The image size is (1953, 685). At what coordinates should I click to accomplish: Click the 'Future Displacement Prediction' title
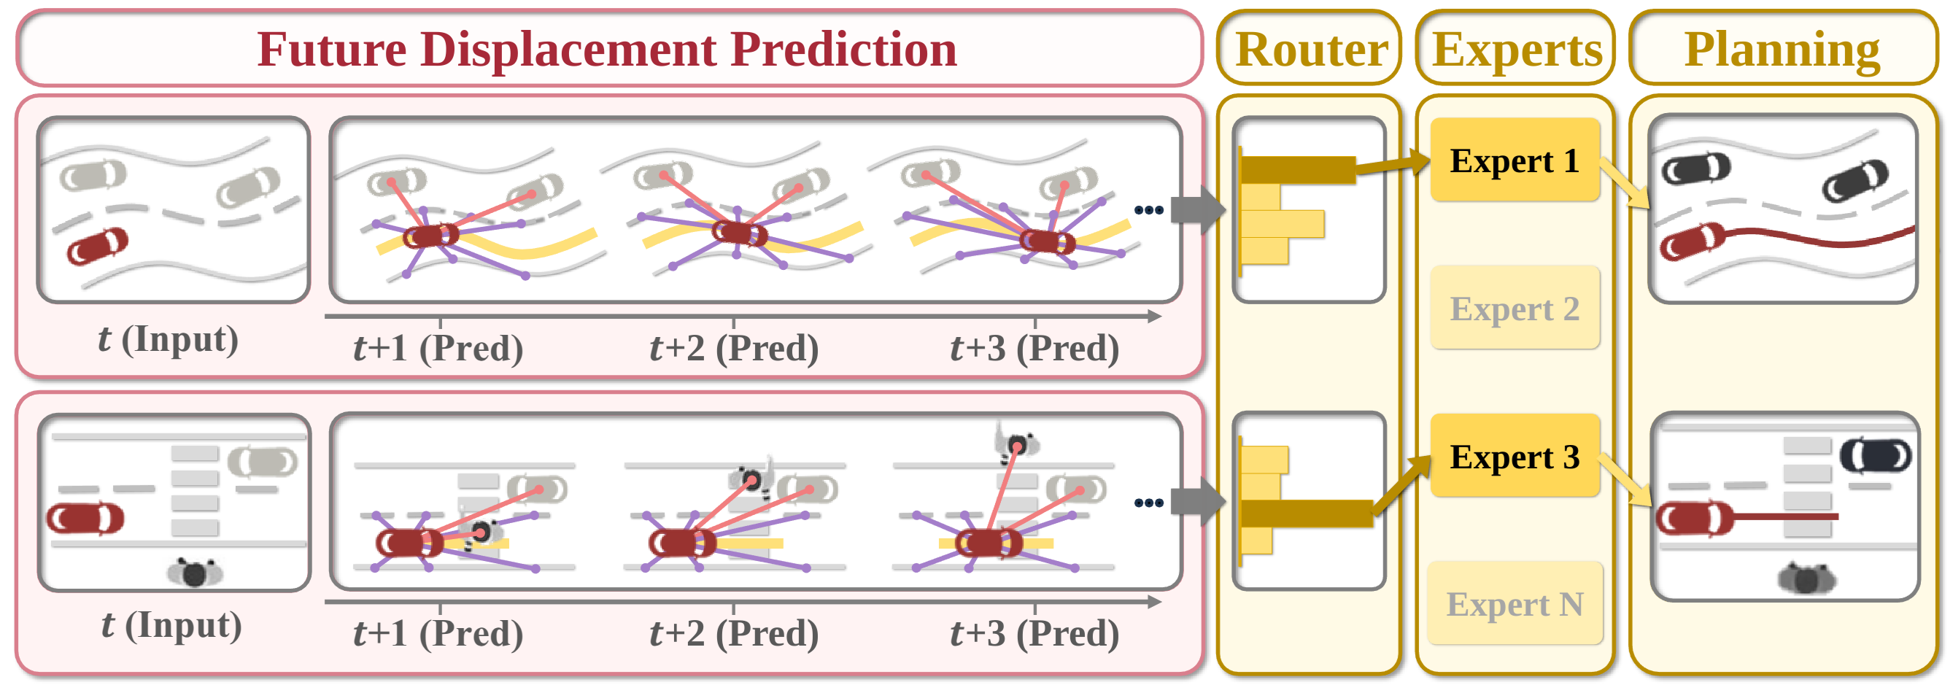point(606,50)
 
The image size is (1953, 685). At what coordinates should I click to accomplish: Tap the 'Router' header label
point(1311,50)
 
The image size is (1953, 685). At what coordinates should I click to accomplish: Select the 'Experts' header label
point(1516,50)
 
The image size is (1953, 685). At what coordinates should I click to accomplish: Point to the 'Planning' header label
point(1782,50)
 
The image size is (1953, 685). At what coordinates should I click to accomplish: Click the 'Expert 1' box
point(1514,160)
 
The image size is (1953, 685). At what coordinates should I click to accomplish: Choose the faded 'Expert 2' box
point(1514,309)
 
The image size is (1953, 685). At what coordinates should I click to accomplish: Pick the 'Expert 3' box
point(1514,456)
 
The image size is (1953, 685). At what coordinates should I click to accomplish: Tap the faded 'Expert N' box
point(1514,604)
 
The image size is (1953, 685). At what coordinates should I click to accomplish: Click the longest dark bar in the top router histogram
point(1298,170)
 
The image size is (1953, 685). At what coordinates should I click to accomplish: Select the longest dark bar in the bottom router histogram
point(1307,513)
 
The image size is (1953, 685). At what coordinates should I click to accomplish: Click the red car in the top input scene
point(97,247)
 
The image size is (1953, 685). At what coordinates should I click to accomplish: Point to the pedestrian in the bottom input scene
point(195,573)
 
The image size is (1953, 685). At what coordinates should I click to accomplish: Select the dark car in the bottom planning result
point(1875,455)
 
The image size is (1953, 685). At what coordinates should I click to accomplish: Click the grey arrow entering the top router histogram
point(1196,209)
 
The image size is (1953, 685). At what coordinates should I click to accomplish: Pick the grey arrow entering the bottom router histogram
point(1196,502)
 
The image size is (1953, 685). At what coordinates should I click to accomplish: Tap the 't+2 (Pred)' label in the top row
point(734,349)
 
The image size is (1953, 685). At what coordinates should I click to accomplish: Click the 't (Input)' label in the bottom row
point(171,626)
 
